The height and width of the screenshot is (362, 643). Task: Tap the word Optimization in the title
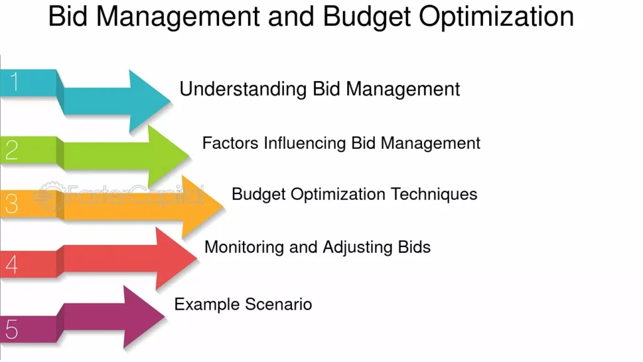(496, 16)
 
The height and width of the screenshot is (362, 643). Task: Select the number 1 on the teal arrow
(14, 81)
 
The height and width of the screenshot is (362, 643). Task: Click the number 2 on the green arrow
(11, 150)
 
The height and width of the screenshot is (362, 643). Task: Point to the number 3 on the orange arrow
(11, 204)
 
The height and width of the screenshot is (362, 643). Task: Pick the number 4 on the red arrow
(11, 264)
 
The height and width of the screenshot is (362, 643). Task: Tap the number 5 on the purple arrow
(11, 329)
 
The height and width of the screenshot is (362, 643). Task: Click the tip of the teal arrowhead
(171, 101)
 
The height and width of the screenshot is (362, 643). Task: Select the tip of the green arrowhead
(190, 155)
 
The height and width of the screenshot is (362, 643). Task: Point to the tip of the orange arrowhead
(224, 206)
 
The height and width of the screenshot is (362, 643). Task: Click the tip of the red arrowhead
(198, 258)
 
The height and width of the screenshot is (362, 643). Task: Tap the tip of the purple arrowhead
(165, 316)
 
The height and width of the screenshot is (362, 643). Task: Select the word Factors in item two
(230, 143)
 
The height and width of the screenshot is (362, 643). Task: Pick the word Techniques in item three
(434, 195)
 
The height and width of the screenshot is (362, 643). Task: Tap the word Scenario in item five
(278, 305)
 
